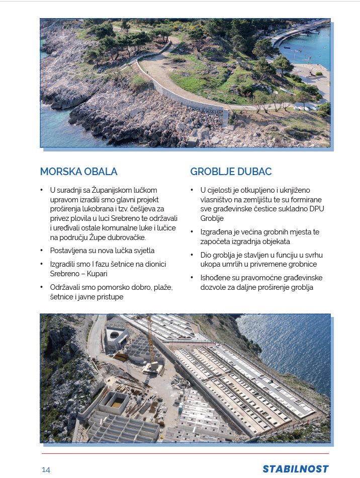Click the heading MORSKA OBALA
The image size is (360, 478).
pyautogui.click(x=78, y=172)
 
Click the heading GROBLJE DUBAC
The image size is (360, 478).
pyautogui.click(x=231, y=172)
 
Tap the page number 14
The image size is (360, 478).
pyautogui.click(x=46, y=469)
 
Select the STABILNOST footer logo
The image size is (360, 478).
pyautogui.click(x=296, y=469)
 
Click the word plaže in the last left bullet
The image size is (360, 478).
pyautogui.click(x=160, y=287)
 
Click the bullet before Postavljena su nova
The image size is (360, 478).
pyautogui.click(x=42, y=251)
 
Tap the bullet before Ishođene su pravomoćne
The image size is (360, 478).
pyautogui.click(x=192, y=278)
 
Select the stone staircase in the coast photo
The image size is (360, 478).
pyautogui.click(x=225, y=118)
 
